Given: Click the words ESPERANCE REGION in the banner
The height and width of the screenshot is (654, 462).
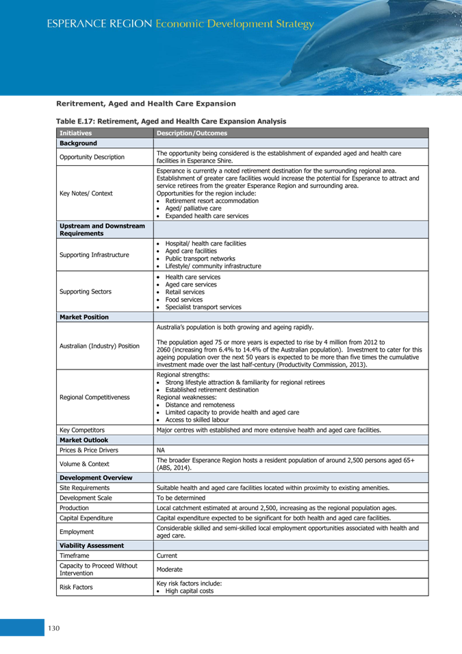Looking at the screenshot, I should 99,24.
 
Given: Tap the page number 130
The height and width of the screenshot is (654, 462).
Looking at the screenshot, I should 54,628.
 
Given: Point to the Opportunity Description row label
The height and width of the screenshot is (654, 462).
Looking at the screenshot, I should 92,157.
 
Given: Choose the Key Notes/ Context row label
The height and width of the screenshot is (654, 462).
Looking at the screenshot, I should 86,193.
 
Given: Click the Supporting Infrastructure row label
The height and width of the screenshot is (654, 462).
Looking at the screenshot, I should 94,255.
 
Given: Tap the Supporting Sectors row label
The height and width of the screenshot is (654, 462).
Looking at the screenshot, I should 86,292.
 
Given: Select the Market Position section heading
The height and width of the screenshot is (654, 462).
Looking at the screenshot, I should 84,317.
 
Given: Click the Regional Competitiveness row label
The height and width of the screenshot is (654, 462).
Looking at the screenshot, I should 94,398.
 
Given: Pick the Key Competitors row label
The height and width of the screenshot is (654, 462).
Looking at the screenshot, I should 82,431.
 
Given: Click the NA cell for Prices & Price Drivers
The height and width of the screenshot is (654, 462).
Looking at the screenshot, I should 161,450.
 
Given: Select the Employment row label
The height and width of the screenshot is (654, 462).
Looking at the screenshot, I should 77,531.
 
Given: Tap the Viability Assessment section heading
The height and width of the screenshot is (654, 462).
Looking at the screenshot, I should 92,546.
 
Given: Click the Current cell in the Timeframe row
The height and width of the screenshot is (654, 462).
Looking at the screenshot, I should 167,555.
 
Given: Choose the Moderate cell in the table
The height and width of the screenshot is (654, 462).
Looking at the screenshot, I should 170,570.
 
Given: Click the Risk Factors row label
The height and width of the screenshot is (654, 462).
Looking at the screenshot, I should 77,587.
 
